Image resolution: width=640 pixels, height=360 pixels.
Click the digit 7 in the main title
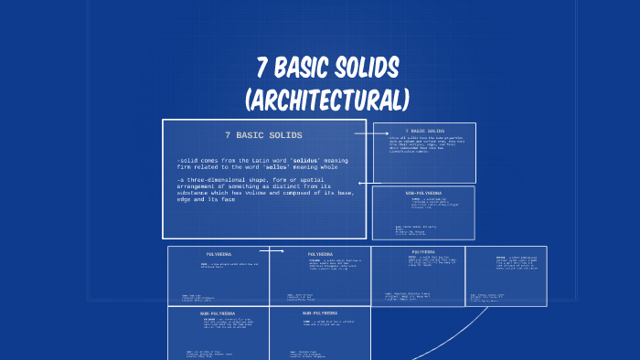[x=264, y=67]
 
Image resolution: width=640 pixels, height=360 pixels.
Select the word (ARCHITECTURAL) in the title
[x=326, y=98]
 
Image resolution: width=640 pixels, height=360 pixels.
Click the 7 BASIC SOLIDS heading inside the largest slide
[x=263, y=135]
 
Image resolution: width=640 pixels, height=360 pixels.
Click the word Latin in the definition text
[x=247, y=160]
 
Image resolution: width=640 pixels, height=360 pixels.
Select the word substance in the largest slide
[x=196, y=193]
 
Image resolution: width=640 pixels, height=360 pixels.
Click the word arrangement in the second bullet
[x=199, y=186]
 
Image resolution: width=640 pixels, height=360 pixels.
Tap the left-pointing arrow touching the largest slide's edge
[x=363, y=183]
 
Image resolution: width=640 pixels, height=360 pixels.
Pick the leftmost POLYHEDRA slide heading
[x=219, y=254]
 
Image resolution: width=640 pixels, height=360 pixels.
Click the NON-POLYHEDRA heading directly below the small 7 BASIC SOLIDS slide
[x=423, y=193]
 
